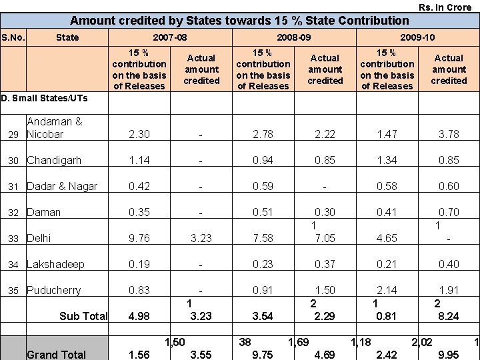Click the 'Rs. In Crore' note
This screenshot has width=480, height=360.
click(445, 7)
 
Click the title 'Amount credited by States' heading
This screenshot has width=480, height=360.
click(239, 21)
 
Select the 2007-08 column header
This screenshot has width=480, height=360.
click(170, 37)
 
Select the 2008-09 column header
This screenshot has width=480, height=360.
click(293, 37)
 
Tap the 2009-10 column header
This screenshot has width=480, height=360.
click(417, 37)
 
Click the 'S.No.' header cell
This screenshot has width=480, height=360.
click(13, 37)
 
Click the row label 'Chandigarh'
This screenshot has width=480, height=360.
click(54, 160)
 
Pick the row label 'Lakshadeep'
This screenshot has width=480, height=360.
click(55, 265)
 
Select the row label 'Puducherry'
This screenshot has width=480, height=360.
click(54, 291)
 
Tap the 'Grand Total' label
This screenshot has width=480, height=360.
click(57, 354)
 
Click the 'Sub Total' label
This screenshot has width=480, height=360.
click(83, 316)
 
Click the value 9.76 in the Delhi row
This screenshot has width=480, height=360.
click(139, 238)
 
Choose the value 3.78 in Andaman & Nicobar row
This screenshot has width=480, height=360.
click(449, 134)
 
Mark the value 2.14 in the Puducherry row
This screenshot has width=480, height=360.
click(387, 291)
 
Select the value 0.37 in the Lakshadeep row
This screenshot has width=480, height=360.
click(325, 265)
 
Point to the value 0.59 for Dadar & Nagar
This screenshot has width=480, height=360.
click(263, 186)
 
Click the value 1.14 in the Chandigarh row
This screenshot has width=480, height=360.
click(139, 160)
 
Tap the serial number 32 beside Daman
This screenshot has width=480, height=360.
click(13, 213)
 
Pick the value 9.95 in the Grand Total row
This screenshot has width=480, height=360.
click(449, 354)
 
